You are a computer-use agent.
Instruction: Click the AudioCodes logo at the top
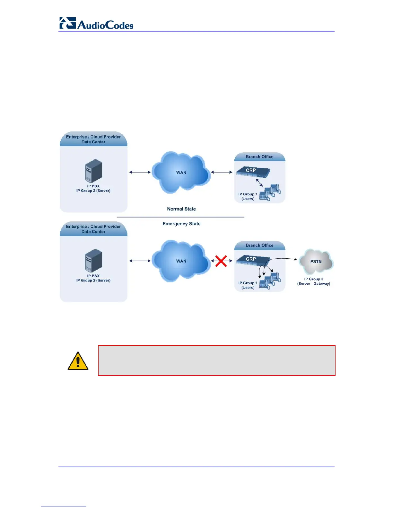96,23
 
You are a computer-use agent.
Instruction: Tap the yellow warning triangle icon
78,361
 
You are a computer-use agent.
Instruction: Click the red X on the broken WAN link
221,261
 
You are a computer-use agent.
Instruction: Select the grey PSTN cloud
316,262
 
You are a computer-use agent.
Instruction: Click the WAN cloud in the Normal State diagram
181,173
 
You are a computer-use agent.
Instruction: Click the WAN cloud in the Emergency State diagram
181,261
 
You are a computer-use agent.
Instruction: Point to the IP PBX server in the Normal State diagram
93,171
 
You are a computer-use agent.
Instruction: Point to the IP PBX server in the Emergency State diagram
93,261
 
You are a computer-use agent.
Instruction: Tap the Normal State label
181,209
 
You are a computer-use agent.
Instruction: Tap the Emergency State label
181,224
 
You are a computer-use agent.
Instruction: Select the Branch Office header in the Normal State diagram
259,157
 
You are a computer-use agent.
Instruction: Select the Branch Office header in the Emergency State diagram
259,246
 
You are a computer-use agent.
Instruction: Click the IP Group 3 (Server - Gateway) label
314,281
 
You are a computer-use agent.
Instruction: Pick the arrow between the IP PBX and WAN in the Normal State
140,172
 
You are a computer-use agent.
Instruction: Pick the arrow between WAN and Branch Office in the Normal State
222,172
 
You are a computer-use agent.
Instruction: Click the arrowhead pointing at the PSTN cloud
295,259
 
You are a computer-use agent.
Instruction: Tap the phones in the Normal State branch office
270,192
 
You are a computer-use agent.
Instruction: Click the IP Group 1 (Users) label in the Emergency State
248,285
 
